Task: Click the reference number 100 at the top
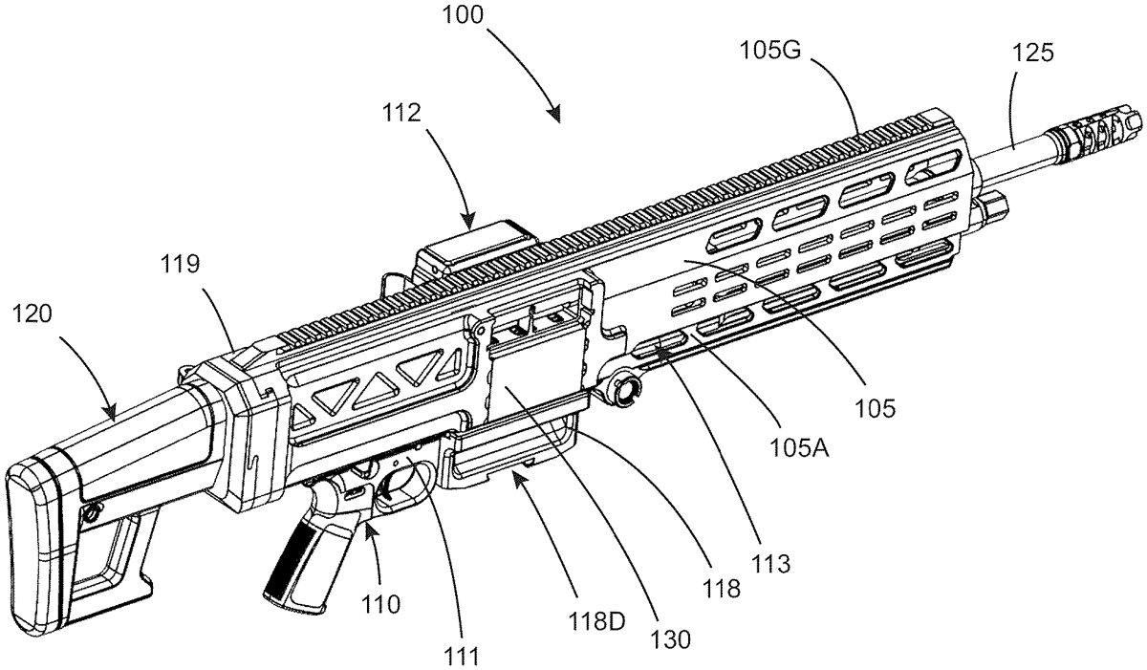point(463,14)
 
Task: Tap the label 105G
point(770,51)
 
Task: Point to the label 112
point(400,113)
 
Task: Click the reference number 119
point(180,265)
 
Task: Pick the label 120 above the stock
point(32,313)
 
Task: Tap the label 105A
point(798,448)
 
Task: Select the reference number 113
point(770,564)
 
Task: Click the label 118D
point(597,622)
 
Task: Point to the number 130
point(670,638)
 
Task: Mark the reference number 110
point(380,604)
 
